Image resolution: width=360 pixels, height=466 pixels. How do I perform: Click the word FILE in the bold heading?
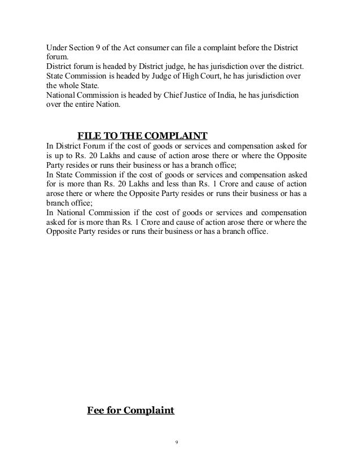point(88,136)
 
